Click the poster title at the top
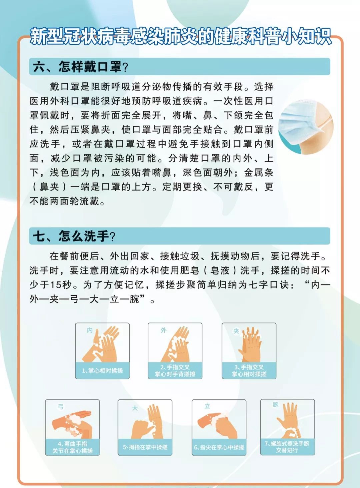(180, 36)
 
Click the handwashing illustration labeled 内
(102, 345)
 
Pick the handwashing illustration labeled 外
(175, 345)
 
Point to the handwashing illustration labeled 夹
(249, 345)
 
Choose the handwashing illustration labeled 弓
(72, 421)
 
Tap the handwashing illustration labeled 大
(145, 421)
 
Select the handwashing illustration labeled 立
(219, 421)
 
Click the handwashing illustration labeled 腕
(287, 420)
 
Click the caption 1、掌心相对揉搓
(102, 370)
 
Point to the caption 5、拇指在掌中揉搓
(145, 447)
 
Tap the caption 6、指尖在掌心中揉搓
(219, 447)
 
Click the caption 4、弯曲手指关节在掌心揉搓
(72, 447)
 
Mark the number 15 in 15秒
(56, 284)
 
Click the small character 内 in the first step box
(90, 330)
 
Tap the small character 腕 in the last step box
(275, 405)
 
